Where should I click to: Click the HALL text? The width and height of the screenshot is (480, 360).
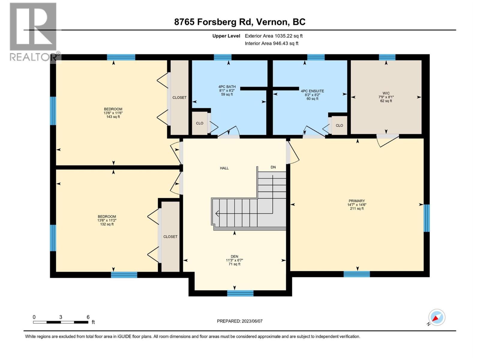coord(224,168)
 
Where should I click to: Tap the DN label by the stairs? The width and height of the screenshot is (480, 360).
coord(273,167)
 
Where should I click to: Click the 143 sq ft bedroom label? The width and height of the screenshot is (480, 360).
coord(113,113)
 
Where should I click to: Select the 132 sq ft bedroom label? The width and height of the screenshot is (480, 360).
coord(107,220)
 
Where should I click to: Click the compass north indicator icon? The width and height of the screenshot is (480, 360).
coord(436,317)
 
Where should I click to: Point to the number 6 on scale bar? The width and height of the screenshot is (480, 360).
coord(88,317)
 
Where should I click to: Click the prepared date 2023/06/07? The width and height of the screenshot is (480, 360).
coord(240,321)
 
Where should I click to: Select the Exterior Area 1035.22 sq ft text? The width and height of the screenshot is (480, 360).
coord(274,36)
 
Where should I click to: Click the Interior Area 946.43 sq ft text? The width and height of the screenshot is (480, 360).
coord(271,43)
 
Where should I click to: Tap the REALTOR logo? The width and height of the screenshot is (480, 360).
coord(33,32)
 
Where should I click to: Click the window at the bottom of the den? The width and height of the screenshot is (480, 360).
coord(240,293)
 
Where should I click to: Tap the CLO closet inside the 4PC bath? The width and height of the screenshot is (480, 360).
coord(199,123)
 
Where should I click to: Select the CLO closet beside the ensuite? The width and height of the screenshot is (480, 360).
coord(339,125)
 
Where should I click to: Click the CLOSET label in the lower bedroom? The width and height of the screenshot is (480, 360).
coord(170,237)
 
